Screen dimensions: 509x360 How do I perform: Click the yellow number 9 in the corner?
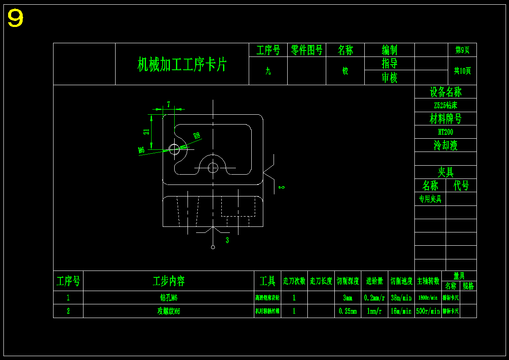pyautogui.click(x=15, y=19)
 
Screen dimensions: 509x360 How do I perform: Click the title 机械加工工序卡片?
pyautogui.click(x=182, y=65)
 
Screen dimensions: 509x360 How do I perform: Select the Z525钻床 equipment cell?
pyautogui.click(x=445, y=105)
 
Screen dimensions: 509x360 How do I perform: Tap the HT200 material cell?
pyautogui.click(x=445, y=132)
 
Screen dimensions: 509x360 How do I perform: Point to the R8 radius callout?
pyautogui.click(x=196, y=136)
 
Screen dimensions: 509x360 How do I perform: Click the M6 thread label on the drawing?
pyautogui.click(x=141, y=150)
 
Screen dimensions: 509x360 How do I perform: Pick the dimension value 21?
pyautogui.click(x=147, y=132)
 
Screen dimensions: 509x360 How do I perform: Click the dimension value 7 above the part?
pyautogui.click(x=169, y=104)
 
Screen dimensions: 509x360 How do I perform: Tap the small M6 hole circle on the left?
pyautogui.click(x=174, y=149)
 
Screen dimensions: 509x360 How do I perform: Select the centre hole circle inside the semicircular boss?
pyautogui.click(x=213, y=167)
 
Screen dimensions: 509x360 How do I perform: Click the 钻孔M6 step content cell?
pyautogui.click(x=168, y=298)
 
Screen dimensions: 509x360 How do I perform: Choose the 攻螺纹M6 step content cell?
pyautogui.click(x=168, y=311)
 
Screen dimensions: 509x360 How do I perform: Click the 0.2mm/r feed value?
pyautogui.click(x=374, y=298)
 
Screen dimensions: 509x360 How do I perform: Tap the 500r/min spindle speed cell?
pyautogui.click(x=428, y=311)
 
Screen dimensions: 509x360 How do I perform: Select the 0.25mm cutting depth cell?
pyautogui.click(x=348, y=311)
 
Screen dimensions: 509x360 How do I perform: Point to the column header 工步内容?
pyautogui.click(x=169, y=281)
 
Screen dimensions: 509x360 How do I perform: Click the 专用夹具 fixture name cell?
pyautogui.click(x=430, y=199)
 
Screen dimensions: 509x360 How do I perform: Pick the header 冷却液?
pyautogui.click(x=445, y=146)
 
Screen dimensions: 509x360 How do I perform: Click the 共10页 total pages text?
pyautogui.click(x=462, y=71)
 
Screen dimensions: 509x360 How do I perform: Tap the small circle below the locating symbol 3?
pyautogui.click(x=213, y=247)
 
